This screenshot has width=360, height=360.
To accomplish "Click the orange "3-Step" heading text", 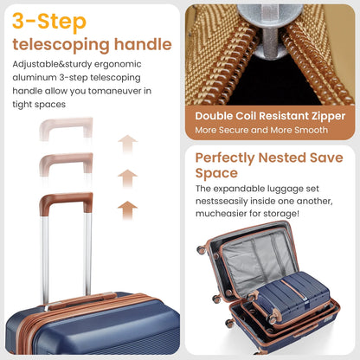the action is pos(49,22).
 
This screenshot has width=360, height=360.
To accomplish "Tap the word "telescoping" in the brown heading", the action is pos(61,45).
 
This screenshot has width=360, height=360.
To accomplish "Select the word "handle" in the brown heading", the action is pos(143,44).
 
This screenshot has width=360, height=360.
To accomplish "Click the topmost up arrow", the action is pos(127,144).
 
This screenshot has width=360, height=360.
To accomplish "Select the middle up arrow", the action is pos(127,178).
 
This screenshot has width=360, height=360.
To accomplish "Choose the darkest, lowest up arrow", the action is pos(127,210).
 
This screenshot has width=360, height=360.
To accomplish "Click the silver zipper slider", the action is pos(270,29).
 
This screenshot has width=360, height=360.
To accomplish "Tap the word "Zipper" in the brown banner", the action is pos(328,116).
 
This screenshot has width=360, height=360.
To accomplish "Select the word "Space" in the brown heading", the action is pos(216,174).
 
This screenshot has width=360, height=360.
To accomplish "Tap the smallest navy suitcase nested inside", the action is pos(292,296).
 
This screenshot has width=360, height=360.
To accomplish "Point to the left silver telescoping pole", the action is pos(45,259).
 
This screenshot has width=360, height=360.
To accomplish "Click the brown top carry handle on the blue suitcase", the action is pos(82,301).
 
